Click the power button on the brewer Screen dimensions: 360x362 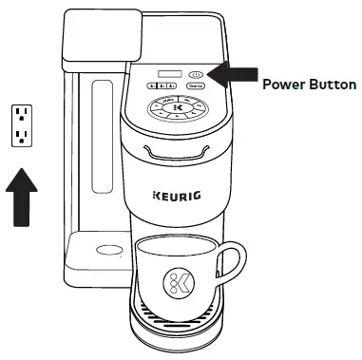(197, 72)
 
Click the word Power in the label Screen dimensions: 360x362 (281, 85)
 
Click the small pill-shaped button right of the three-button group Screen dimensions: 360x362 (196, 86)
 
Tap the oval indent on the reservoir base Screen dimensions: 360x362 (107, 250)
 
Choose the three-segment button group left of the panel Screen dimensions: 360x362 (163, 86)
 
